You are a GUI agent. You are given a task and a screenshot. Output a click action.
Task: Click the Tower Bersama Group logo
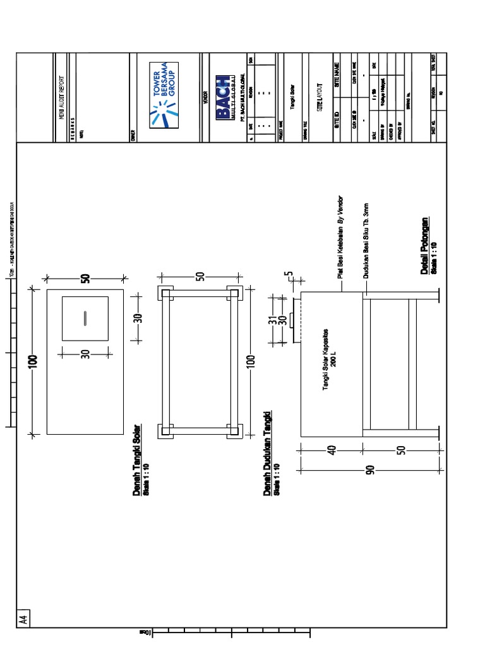pos(164,95)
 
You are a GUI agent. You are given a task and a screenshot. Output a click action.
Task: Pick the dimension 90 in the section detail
pos(370,469)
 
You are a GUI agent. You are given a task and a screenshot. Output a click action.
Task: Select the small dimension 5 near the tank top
pos(289,277)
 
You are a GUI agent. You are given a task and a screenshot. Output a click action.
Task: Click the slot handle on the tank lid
pos(85,318)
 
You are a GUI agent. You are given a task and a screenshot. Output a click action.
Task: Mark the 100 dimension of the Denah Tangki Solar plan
pos(33,361)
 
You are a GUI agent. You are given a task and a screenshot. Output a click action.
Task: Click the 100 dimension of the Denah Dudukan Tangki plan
pos(251,361)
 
